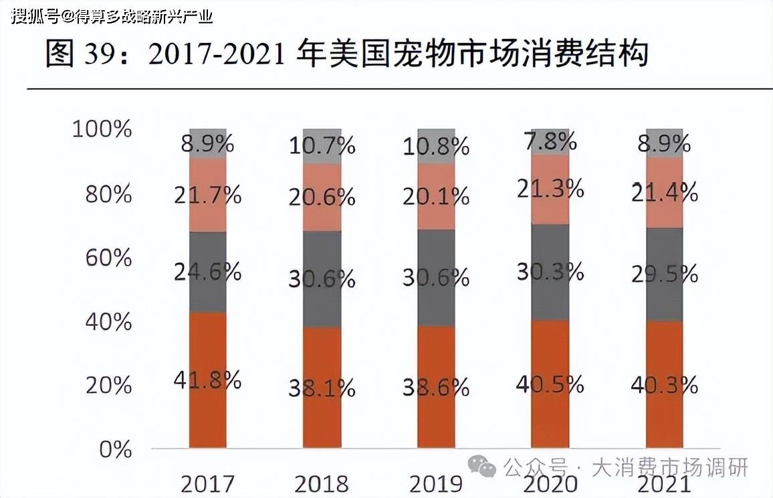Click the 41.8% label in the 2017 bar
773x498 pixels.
pyautogui.click(x=207, y=380)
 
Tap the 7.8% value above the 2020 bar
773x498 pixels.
pyautogui.click(x=550, y=141)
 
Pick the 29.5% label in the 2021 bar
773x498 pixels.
pyautogui.click(x=664, y=274)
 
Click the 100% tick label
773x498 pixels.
pyautogui.click(x=102, y=129)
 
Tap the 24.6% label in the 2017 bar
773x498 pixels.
pyautogui.click(x=207, y=271)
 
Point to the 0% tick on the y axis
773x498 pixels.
pyautogui.click(x=116, y=449)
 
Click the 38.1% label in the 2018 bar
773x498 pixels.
pyautogui.click(x=322, y=388)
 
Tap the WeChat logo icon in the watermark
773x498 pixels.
pyautogui.click(x=481, y=467)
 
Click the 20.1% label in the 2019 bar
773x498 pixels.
pyautogui.click(x=435, y=196)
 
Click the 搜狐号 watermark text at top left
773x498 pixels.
pyautogui.click(x=33, y=15)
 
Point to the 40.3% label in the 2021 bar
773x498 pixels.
pyautogui.click(x=664, y=385)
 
